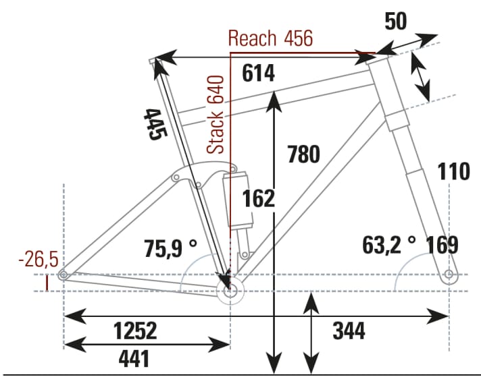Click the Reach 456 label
tap(270, 38)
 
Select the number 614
tap(259, 74)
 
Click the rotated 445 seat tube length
tap(155, 123)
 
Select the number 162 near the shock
tap(259, 199)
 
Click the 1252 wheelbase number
tap(134, 331)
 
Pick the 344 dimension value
tap(349, 331)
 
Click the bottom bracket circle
tap(231, 292)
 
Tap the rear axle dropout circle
tap(63, 274)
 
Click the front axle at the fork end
tap(449, 274)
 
